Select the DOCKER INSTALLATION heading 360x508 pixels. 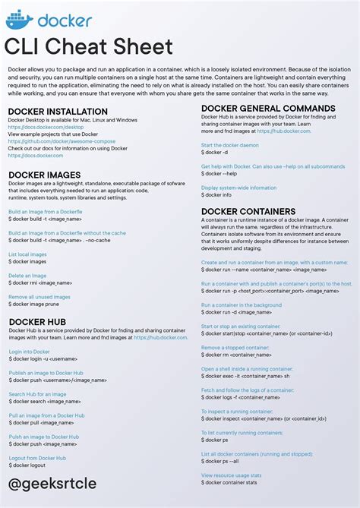pos(58,112)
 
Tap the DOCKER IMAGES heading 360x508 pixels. pos(45,175)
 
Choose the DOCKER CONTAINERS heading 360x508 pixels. pos(248,211)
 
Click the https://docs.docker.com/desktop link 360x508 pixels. pos(45,126)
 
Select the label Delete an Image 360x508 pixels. pos(29,276)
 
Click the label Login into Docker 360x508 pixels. pos(30,352)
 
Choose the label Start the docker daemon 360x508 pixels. pos(229,145)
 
